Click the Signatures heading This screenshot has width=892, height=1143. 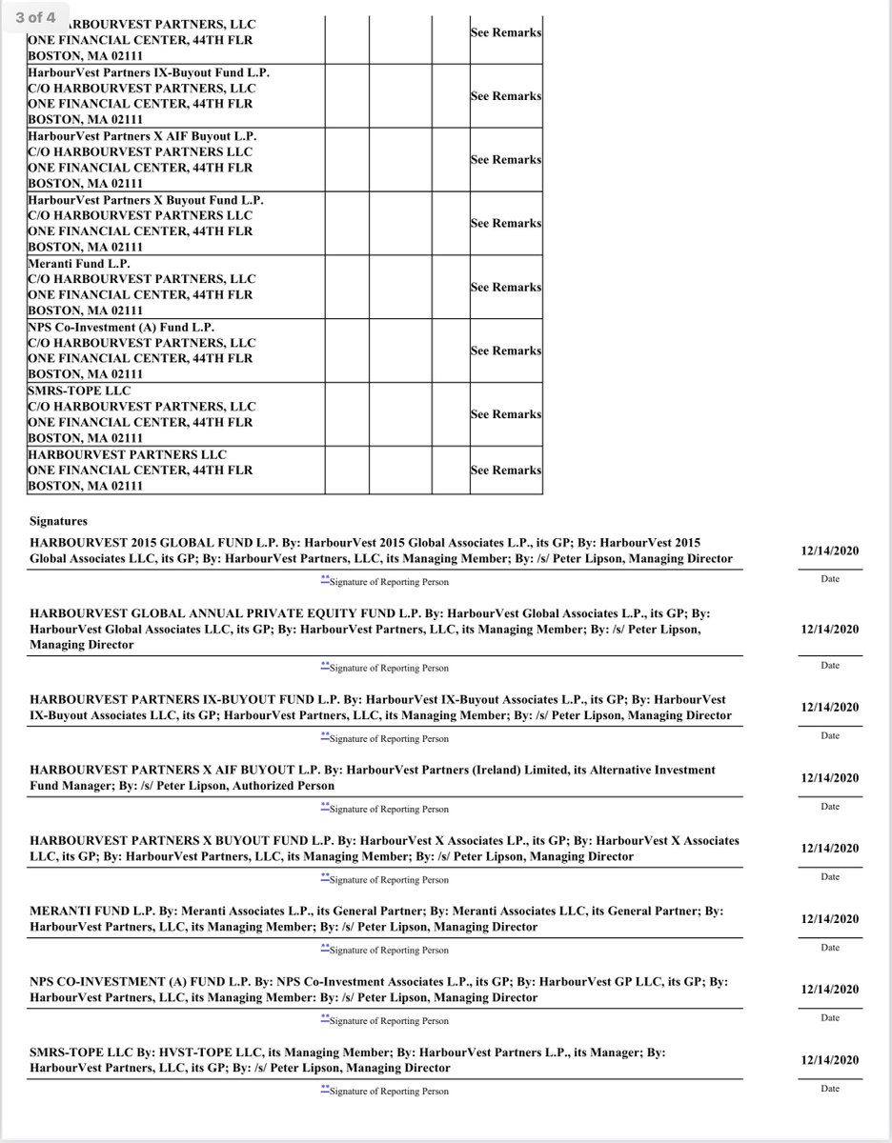(x=58, y=522)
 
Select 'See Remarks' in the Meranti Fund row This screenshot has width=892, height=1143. (x=506, y=287)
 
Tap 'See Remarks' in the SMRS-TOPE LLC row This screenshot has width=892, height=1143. (x=506, y=414)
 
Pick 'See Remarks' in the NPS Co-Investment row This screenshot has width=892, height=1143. (x=506, y=351)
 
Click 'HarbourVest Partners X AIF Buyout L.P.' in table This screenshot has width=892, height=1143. (x=142, y=136)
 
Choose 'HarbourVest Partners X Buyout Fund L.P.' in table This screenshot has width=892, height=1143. (x=145, y=200)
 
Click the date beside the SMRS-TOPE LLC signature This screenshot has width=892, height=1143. (x=830, y=1060)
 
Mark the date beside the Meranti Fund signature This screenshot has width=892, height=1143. (x=830, y=919)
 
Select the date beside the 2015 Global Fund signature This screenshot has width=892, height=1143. (x=830, y=551)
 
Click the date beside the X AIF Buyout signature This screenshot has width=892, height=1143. (x=830, y=778)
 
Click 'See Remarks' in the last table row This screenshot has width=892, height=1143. (x=506, y=470)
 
